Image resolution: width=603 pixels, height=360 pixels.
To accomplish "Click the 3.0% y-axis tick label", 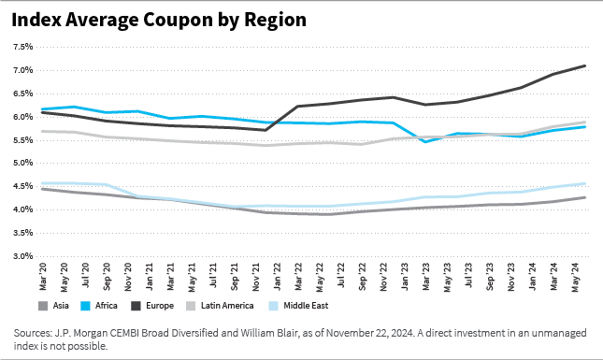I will point(22,255).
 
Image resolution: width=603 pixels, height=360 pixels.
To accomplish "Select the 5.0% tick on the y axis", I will point(22,163).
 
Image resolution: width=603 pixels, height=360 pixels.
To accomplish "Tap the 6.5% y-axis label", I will point(22,94).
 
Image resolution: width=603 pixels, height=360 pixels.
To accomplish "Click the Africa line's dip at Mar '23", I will point(426,141).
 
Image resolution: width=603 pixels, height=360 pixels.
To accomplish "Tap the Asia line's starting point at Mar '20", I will point(41,189).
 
